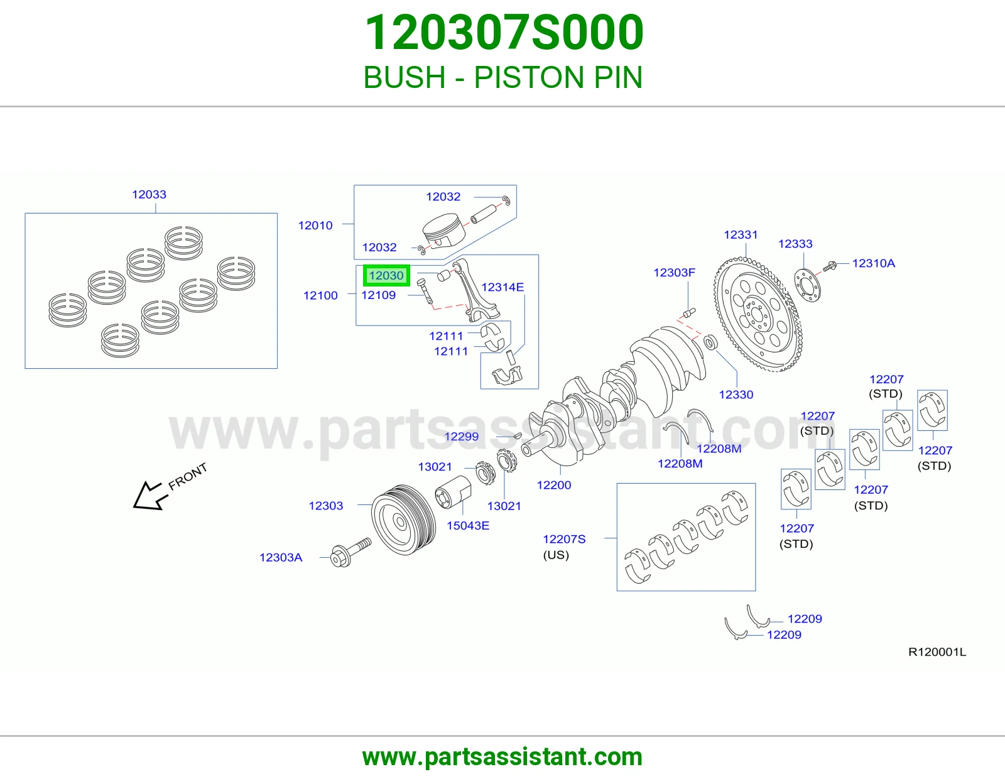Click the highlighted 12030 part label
pos(386,276)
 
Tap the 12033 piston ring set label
pos(149,194)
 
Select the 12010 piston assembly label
pos(315,226)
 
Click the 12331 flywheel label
pos(741,234)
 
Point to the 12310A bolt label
pos(874,263)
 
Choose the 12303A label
pos(281,557)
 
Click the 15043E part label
pos(467,525)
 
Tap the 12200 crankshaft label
pos(553,485)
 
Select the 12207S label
pos(564,539)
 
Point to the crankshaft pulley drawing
pos(403,520)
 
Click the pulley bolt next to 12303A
pos(350,552)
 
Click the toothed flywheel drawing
pos(758,315)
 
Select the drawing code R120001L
pos(937,652)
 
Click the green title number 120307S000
pos(503,32)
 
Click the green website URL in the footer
pos(503,757)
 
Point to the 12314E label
pos(503,287)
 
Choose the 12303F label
pos(674,273)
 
